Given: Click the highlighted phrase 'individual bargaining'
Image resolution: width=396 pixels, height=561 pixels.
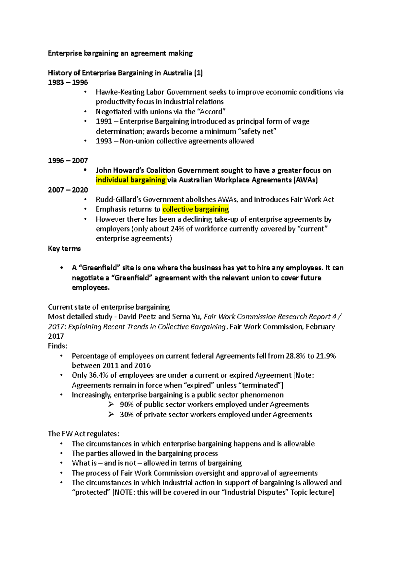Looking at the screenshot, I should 131,180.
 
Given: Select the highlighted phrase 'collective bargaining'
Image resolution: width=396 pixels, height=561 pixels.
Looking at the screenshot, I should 196,209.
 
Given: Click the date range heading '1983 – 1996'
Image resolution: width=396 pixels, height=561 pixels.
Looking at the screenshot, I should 68,82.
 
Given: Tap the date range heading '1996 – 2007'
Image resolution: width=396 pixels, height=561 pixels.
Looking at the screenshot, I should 68,161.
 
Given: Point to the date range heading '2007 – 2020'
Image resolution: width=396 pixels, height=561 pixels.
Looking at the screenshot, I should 68,190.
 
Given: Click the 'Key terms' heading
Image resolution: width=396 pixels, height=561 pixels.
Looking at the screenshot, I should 64,248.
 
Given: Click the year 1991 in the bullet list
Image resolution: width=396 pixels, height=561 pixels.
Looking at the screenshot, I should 104,122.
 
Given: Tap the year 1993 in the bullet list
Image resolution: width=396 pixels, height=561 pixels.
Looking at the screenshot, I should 104,141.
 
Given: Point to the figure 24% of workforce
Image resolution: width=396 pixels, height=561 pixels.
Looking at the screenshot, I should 177,229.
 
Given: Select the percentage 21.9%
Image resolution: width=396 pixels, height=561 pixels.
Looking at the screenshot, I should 326,356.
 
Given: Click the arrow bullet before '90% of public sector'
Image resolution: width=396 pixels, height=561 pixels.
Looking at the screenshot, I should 111,405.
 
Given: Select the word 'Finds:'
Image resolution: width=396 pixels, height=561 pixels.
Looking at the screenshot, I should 58,346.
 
